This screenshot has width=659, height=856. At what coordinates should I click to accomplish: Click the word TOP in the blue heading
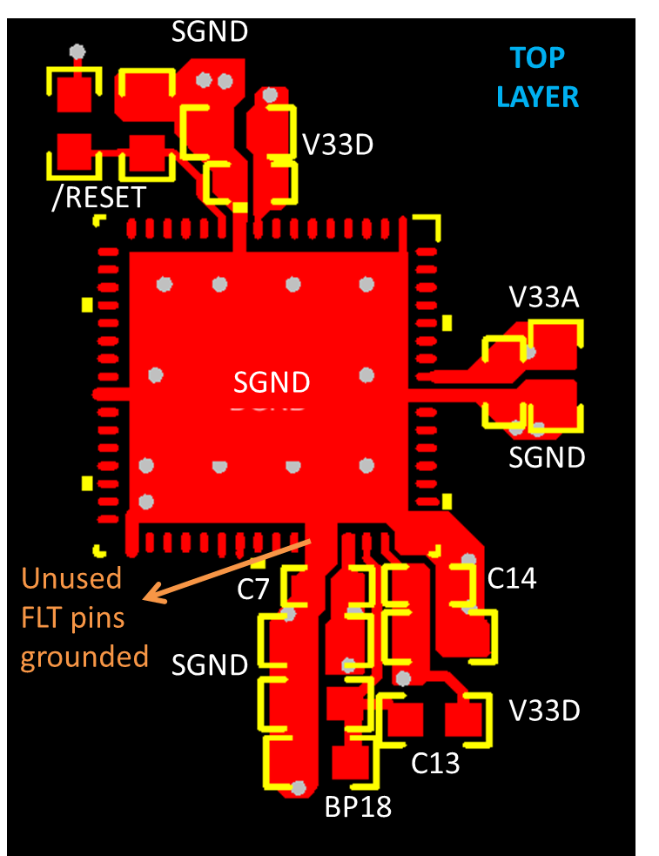(x=537, y=58)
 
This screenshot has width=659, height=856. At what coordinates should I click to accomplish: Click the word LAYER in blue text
(x=537, y=96)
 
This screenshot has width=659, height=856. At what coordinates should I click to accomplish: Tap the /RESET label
(x=98, y=198)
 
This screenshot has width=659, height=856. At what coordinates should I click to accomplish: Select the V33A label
(x=544, y=299)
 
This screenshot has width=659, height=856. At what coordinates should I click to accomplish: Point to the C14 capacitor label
(x=511, y=578)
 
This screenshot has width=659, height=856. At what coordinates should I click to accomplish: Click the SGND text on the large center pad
(x=271, y=382)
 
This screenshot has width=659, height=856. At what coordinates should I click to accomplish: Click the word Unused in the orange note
(x=71, y=578)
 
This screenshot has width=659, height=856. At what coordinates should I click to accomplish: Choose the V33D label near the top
(x=337, y=145)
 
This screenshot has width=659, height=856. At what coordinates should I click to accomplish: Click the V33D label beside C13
(x=544, y=711)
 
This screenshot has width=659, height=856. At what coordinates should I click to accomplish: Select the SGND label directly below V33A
(x=547, y=456)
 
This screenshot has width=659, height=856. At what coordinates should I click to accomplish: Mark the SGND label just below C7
(x=210, y=665)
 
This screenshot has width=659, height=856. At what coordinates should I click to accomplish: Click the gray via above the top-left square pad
(x=77, y=51)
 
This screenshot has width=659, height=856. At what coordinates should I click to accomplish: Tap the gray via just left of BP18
(x=299, y=788)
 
